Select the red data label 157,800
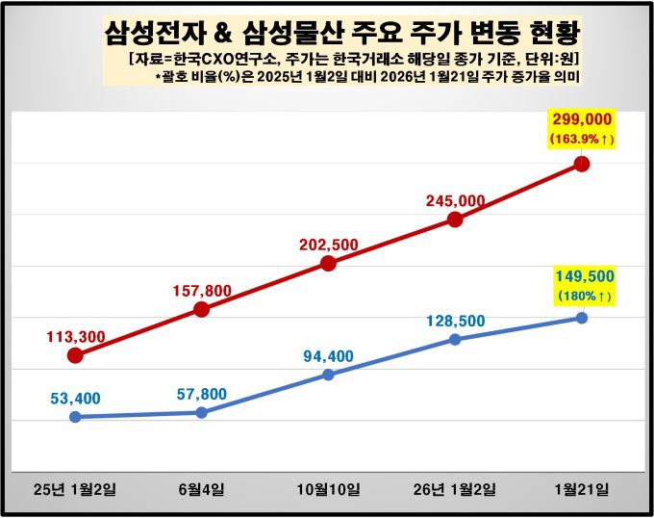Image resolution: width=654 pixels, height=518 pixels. tap(202, 290)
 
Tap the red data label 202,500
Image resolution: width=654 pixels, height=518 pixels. tap(329, 245)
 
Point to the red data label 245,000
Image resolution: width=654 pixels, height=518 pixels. tap(456, 200)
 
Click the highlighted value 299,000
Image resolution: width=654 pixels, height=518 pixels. tap(582, 119)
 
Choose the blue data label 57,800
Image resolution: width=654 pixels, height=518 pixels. tap(202, 394)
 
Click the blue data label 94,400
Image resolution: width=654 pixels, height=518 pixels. tap(329, 355)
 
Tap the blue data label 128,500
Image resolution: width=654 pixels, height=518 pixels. tap(456, 320)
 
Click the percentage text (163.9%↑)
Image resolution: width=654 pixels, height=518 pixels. tap(582, 140)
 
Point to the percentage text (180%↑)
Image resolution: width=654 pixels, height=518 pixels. tap(583, 297)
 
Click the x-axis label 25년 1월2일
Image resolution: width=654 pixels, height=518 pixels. tap(75, 490)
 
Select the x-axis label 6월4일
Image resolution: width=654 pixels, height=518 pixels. tap(202, 490)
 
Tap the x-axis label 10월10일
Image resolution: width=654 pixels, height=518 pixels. tap(329, 490)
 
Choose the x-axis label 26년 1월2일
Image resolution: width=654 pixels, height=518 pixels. tap(456, 490)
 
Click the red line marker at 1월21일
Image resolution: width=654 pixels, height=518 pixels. tap(582, 164)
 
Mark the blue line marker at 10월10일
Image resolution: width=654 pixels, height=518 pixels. tap(328, 375)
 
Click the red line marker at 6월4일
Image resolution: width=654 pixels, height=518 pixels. tap(202, 309)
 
